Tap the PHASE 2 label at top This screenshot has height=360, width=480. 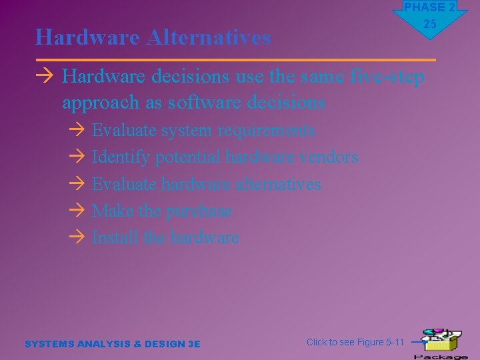pos(429,7)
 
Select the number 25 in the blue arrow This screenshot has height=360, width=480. pos(430,24)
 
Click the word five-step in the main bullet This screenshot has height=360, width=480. pos(387,77)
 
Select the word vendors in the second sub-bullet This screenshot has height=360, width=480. pos(329,157)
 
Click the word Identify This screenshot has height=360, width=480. pos(120,157)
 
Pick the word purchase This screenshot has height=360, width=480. pos(199,211)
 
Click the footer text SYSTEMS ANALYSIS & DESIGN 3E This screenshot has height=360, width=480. pos(112,344)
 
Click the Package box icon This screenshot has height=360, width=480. pos(441,339)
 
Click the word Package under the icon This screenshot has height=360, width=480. pos(441,356)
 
